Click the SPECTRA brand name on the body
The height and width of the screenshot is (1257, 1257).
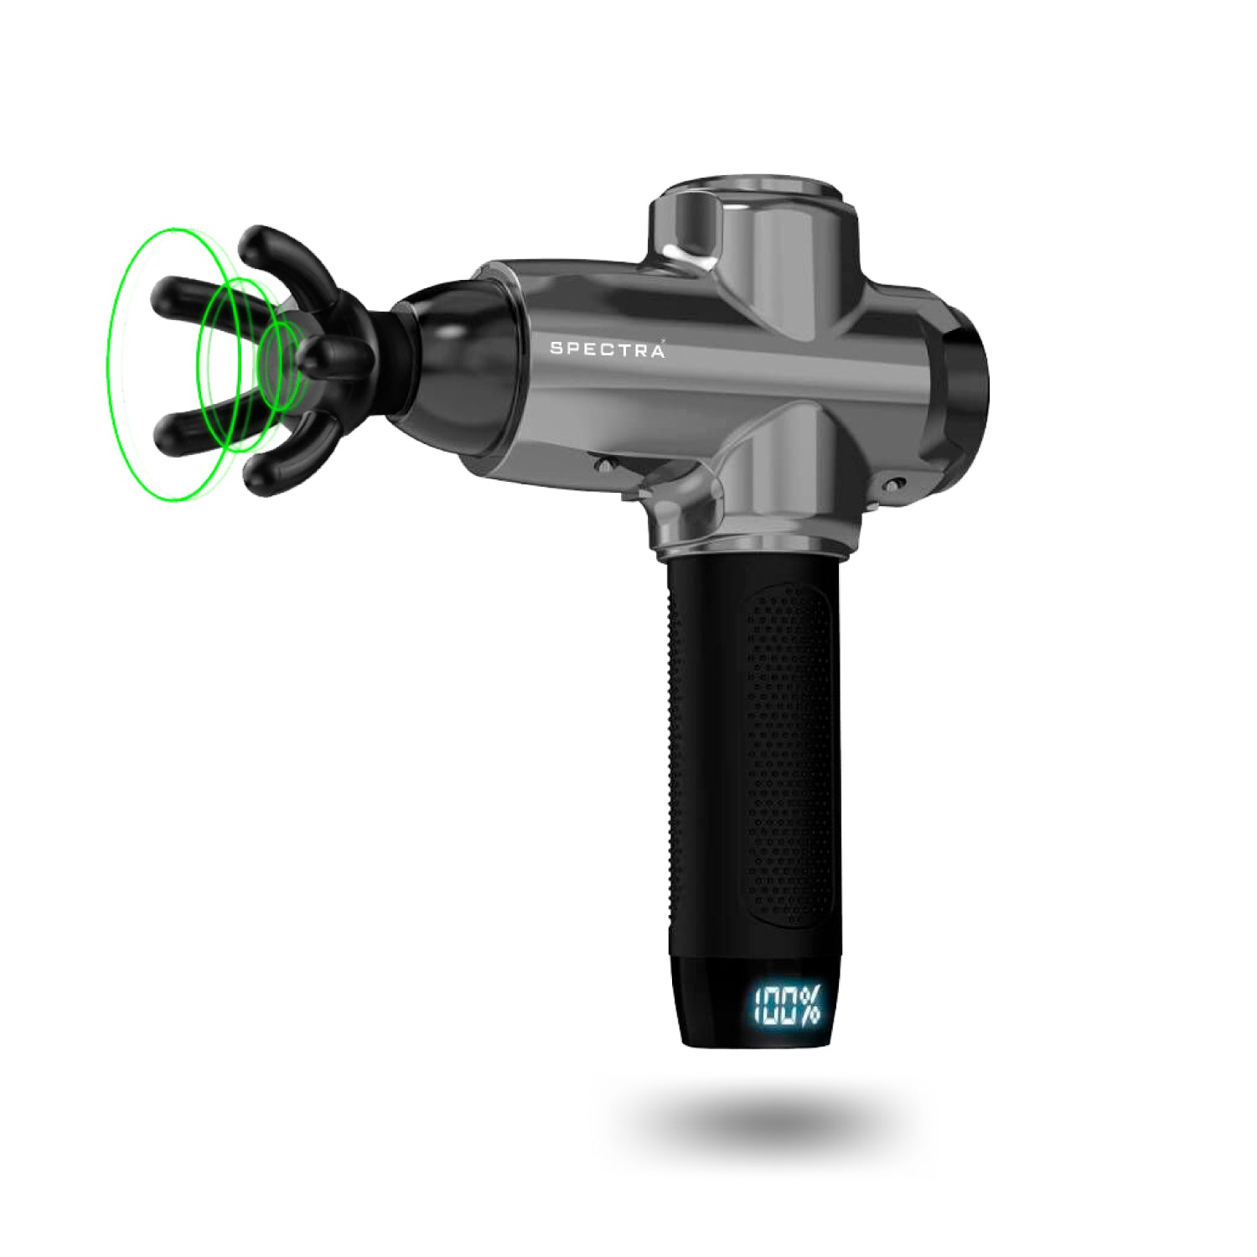click(x=608, y=349)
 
